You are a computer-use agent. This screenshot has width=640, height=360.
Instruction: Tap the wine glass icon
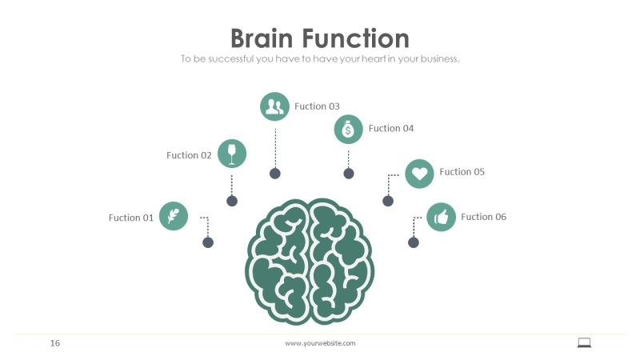pyautogui.click(x=232, y=154)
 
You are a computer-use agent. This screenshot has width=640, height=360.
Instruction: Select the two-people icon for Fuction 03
pyautogui.click(x=274, y=106)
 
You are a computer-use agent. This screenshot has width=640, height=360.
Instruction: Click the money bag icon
pyautogui.click(x=348, y=129)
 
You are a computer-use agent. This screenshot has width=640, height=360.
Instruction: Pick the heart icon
pyautogui.click(x=419, y=173)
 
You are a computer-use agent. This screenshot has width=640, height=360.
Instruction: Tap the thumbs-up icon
pyautogui.click(x=441, y=217)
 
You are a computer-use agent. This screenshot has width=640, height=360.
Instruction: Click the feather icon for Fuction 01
pyautogui.click(x=174, y=216)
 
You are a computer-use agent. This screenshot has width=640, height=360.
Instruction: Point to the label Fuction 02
pyautogui.click(x=189, y=155)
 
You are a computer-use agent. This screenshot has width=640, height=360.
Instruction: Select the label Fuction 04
pyautogui.click(x=391, y=128)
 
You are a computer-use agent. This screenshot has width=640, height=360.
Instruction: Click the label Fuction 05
pyautogui.click(x=462, y=172)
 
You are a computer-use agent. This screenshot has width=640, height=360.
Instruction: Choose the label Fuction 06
pyautogui.click(x=484, y=217)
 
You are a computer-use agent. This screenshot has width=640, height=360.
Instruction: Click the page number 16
pyautogui.click(x=55, y=343)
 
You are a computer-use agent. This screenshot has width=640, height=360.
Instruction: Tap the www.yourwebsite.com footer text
pyautogui.click(x=320, y=343)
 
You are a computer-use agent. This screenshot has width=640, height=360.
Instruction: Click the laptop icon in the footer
pyautogui.click(x=584, y=342)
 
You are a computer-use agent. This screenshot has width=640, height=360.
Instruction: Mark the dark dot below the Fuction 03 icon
pyautogui.click(x=274, y=173)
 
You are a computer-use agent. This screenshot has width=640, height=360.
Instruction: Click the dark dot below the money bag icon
pyautogui.click(x=348, y=173)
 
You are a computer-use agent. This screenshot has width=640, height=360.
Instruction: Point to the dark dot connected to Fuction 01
pyautogui.click(x=208, y=242)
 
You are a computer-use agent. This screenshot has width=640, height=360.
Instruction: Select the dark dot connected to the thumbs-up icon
pyautogui.click(x=414, y=242)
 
